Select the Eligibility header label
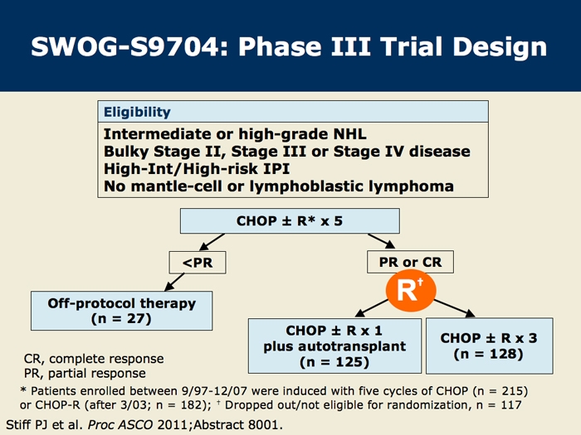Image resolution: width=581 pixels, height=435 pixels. [137, 112]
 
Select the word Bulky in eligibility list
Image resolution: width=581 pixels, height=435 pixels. [130, 152]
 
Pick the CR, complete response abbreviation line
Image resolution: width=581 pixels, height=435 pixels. [94, 360]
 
